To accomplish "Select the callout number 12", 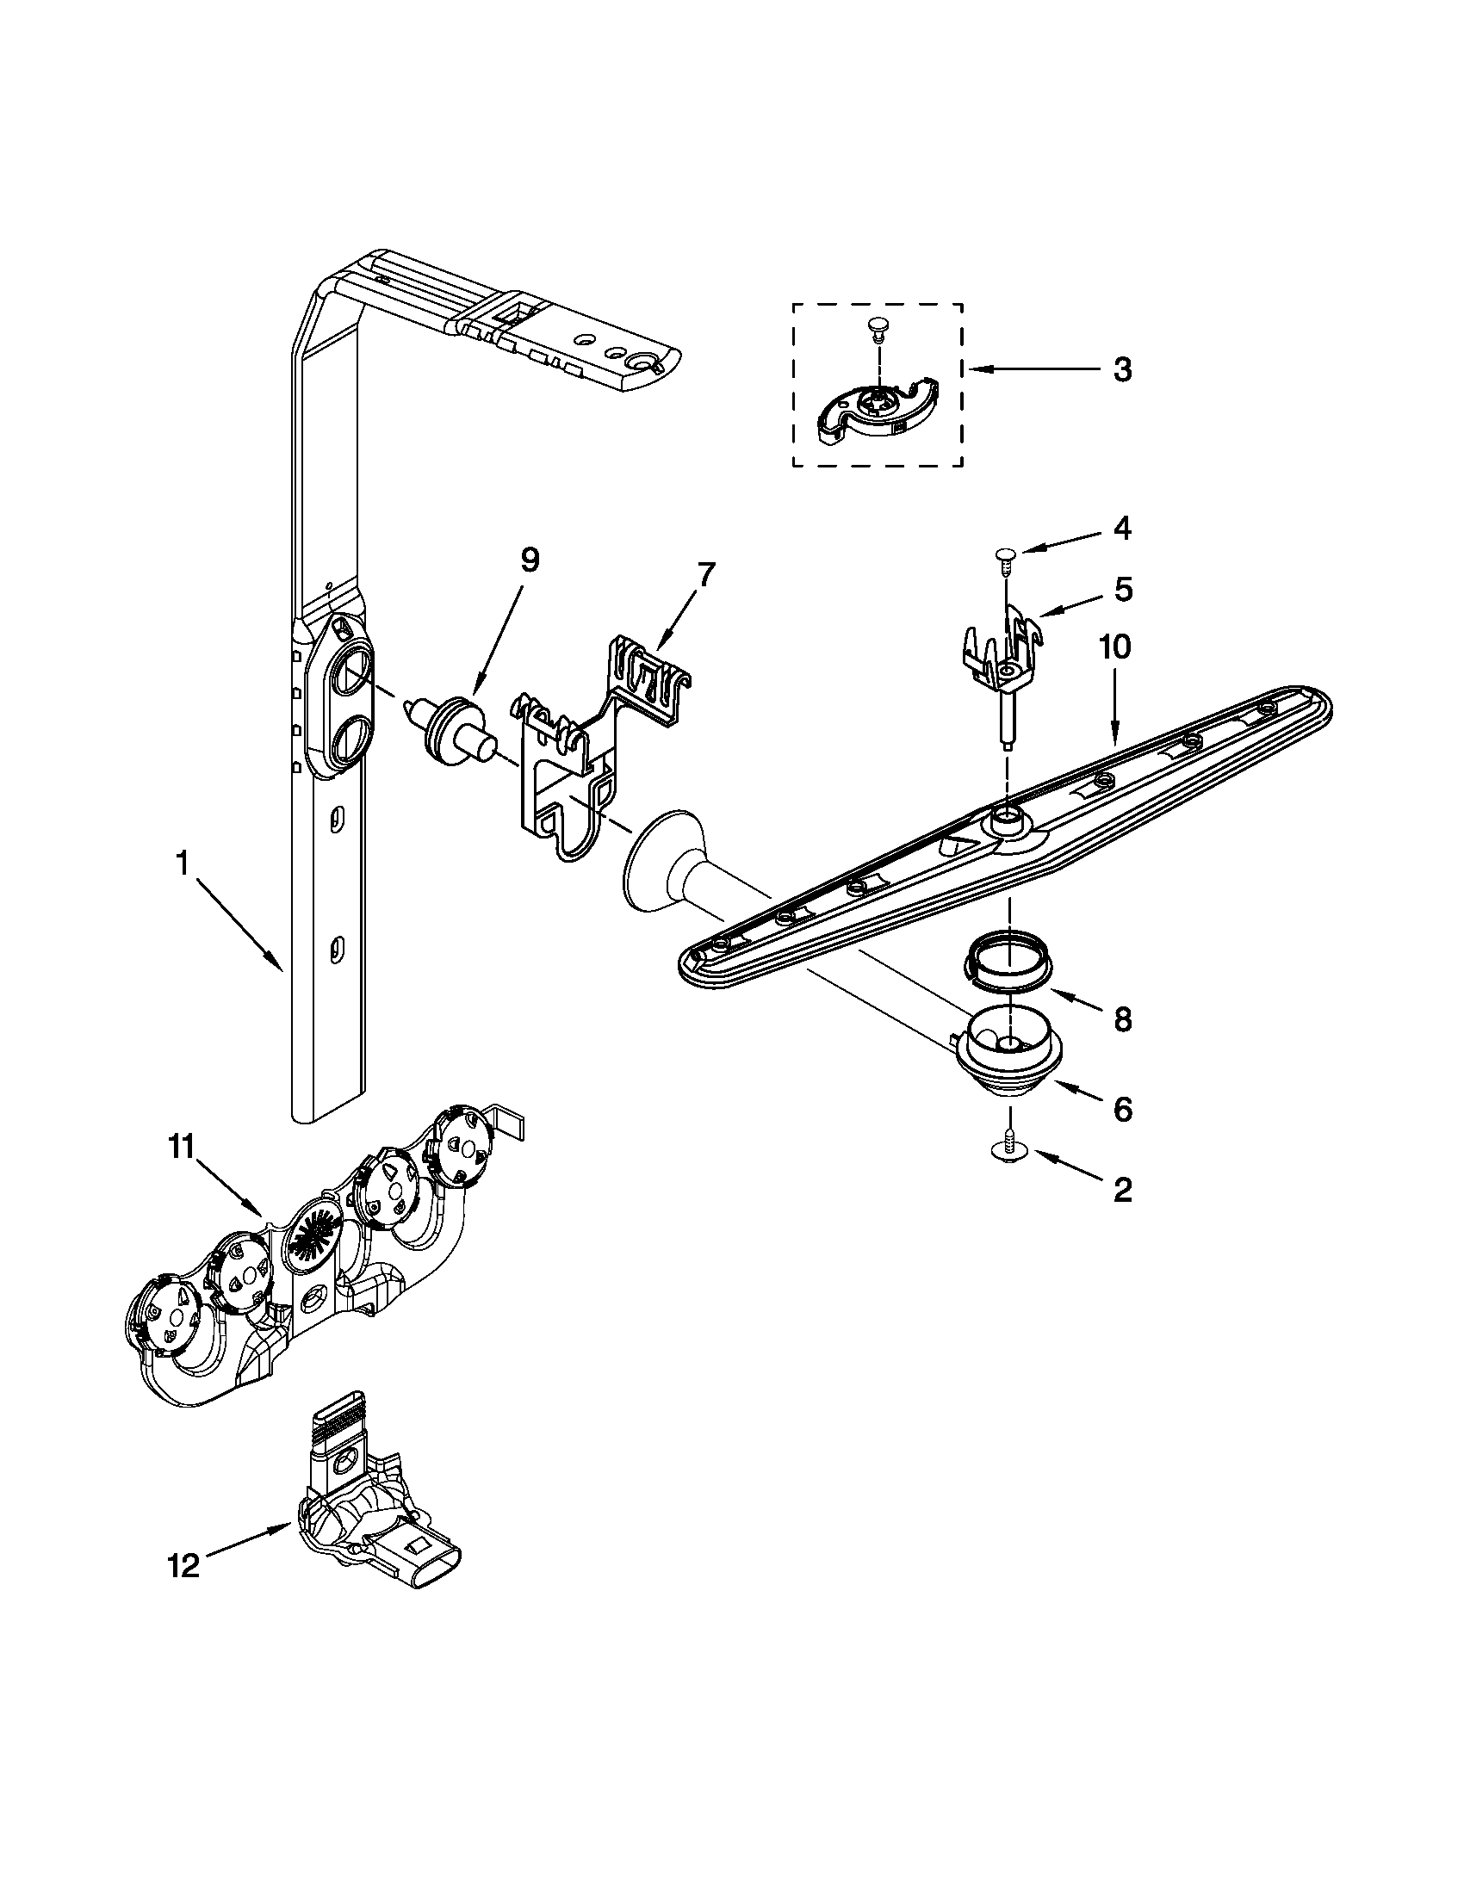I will [185, 1565].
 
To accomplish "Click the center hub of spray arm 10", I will [1008, 817].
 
